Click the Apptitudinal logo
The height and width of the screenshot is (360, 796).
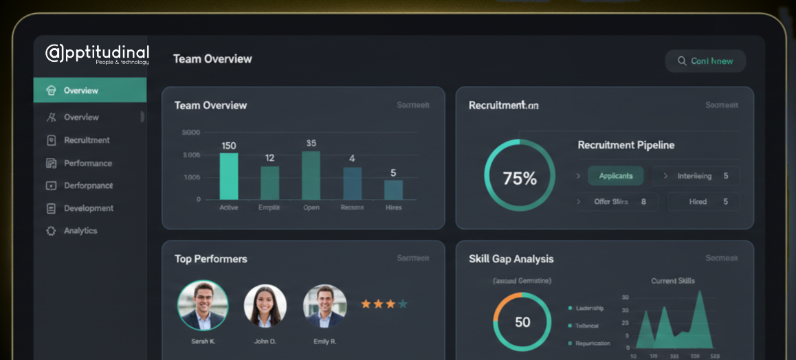click(97, 54)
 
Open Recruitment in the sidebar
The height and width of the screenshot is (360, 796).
click(87, 140)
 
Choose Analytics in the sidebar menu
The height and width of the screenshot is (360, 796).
click(80, 231)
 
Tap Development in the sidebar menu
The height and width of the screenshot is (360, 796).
click(89, 208)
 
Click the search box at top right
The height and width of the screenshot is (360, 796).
click(705, 61)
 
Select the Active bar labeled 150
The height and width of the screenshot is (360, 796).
click(229, 176)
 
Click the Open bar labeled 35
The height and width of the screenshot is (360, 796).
click(311, 175)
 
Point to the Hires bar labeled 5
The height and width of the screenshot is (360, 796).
click(393, 189)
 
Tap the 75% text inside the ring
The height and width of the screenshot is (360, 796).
click(520, 179)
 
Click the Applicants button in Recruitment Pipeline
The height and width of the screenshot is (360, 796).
click(615, 176)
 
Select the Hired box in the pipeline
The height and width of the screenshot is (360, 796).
click(704, 202)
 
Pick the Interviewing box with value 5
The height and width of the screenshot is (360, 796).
click(696, 176)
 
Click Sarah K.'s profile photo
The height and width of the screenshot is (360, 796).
click(203, 306)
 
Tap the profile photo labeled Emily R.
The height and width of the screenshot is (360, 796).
click(325, 306)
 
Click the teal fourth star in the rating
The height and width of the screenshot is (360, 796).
click(403, 304)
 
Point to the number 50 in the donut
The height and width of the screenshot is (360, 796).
click(522, 322)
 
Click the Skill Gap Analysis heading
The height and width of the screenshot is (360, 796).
click(511, 259)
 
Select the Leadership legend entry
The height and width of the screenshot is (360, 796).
click(589, 308)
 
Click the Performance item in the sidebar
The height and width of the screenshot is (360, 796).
click(88, 164)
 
